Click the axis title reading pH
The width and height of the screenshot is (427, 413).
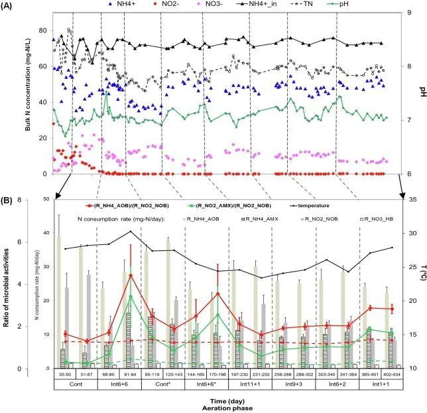point(420,92)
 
